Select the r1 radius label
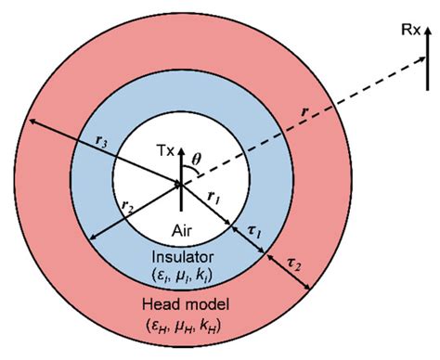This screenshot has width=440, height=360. pos(213,197)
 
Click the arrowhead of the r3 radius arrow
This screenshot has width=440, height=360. pos(32,122)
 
